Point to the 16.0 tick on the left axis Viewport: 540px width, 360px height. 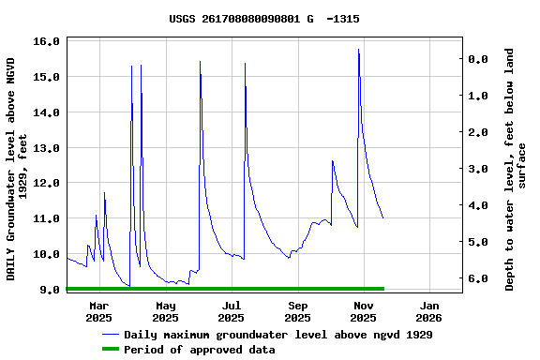coord(47,41)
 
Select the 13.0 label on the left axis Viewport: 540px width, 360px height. coord(47,148)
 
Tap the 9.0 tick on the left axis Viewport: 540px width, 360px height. coord(51,290)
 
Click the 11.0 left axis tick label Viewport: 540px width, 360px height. coord(47,218)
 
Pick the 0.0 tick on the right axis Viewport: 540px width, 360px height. coord(477,59)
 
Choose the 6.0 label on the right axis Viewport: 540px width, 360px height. coord(477,278)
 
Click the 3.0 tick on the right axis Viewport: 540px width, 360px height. coord(477,169)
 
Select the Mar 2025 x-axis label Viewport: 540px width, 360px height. coord(99,311)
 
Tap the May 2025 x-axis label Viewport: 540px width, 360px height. coord(165,311)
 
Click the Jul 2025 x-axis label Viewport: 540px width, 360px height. coord(232,311)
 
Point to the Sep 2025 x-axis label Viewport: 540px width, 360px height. coord(297,311)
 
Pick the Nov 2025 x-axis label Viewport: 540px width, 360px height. coord(363,311)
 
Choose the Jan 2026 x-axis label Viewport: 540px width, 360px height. coord(429,311)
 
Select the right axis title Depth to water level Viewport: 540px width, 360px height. coord(516,169)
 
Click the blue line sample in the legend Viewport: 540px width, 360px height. coord(112,335)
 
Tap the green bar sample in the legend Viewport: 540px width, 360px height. coord(112,350)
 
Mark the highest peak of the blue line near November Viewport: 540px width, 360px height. coord(358,50)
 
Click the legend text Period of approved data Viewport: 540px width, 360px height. coord(200,350)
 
